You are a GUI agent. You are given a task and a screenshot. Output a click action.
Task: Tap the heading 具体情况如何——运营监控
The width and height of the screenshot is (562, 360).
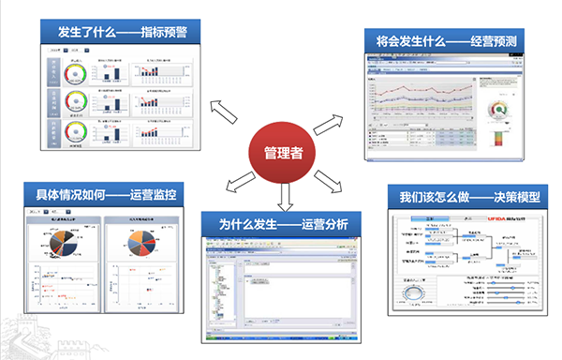(105, 195)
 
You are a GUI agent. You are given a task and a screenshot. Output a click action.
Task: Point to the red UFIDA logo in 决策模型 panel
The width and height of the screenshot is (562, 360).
(483, 218)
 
